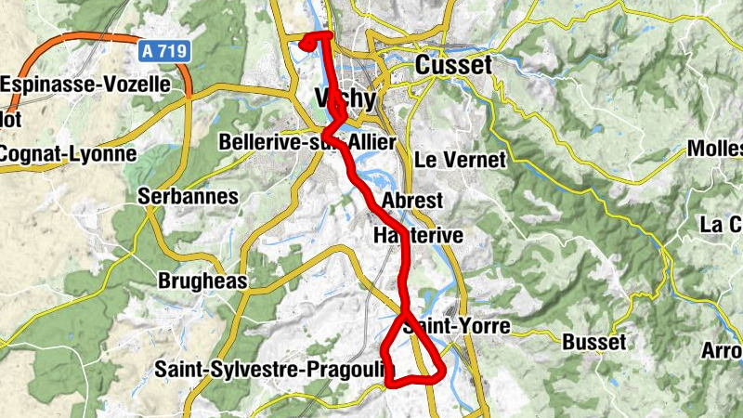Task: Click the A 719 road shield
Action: point(166,54)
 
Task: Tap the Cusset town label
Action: point(453,66)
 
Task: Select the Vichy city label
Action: point(345,98)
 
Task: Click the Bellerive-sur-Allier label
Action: point(306,142)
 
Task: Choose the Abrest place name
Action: point(412,201)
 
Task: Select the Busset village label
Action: point(593,343)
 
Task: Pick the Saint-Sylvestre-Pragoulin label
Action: point(274,370)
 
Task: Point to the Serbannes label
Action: point(188,197)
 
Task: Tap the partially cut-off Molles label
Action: point(714,150)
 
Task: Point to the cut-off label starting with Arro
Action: point(721,352)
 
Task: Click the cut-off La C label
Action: point(721,225)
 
